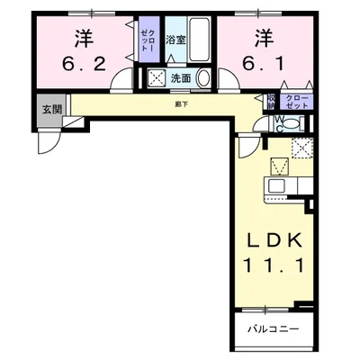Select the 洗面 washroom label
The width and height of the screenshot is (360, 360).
(181, 78)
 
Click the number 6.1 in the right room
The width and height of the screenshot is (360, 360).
(261, 64)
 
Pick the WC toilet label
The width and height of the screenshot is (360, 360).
(280, 122)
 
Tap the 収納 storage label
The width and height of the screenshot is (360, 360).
(271, 101)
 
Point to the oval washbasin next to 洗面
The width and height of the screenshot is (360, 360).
(202, 78)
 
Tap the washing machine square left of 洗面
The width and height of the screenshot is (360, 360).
(157, 78)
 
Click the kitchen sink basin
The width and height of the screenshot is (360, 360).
(275, 186)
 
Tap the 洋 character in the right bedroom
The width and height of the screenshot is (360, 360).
(262, 38)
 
